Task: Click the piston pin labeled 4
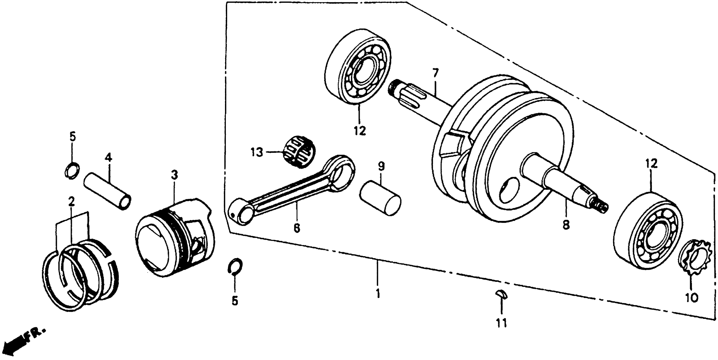pos(107,192)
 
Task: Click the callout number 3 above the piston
pos(174,175)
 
